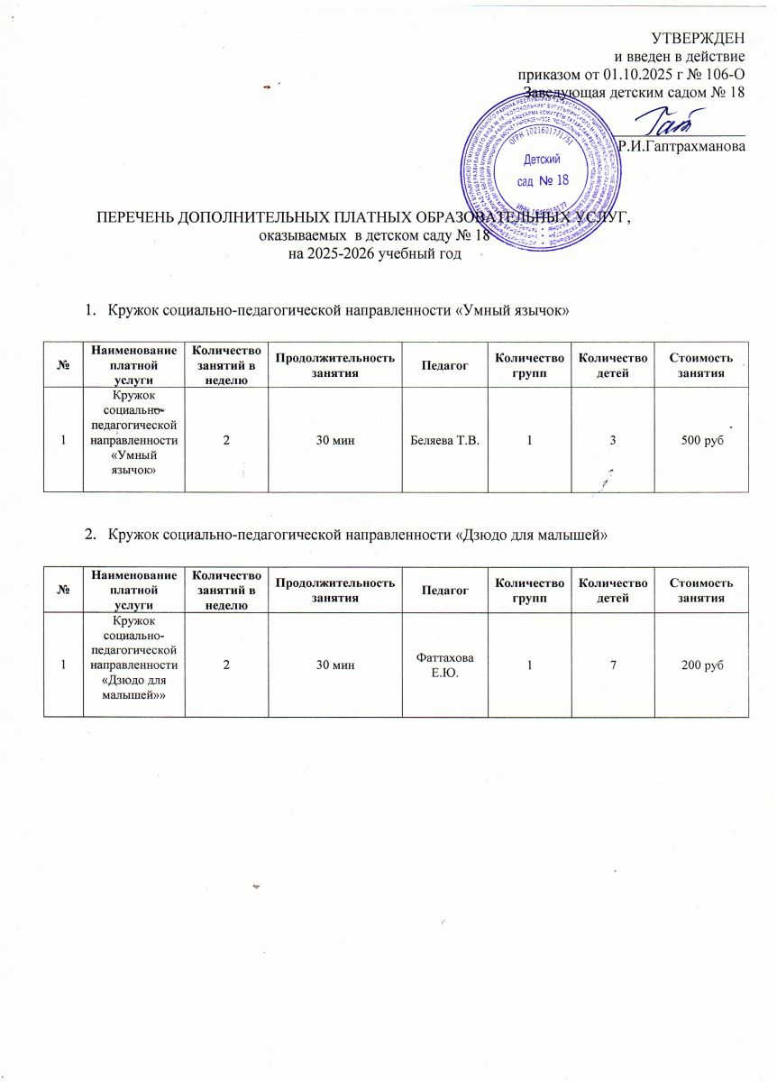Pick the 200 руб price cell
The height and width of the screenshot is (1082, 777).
700,665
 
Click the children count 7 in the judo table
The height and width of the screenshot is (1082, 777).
612,665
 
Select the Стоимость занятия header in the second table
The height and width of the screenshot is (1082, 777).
700,591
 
